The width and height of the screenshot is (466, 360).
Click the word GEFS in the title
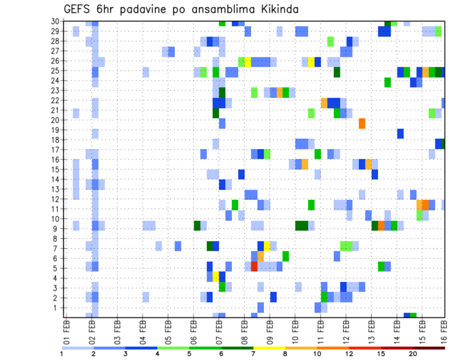tap(78, 9)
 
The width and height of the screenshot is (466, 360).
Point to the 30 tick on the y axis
tap(55, 21)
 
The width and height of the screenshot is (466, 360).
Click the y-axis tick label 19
tap(55, 130)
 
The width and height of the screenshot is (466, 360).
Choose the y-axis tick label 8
tap(57, 238)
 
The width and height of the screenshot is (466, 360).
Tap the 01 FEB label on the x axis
tap(67, 330)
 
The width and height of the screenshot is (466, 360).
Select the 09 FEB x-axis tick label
tap(270, 330)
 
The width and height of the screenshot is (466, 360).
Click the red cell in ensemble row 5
tap(254, 266)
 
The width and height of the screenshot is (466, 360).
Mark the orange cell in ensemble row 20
tap(362, 123)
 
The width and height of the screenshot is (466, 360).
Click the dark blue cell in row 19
tap(400, 133)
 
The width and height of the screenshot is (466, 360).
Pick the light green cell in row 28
tap(331, 41)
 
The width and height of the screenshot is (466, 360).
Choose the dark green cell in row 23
tap(222, 92)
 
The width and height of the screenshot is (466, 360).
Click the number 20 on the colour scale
tap(413, 353)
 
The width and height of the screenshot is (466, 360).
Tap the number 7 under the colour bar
tap(253, 353)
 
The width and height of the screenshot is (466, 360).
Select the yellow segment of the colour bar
tap(269, 347)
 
